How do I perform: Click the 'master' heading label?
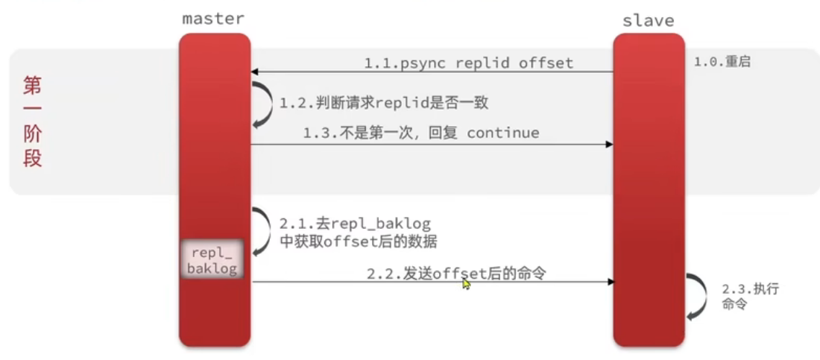coord(213,18)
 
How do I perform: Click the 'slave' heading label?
coord(648,20)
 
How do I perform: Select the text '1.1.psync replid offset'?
coord(469,63)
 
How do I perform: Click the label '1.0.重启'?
coord(722,62)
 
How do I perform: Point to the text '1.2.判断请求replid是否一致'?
coord(384,102)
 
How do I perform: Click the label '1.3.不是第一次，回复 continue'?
coord(420,133)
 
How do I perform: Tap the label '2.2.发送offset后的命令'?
coord(456,274)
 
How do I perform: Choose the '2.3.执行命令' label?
coord(749,297)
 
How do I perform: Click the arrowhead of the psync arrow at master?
coord(255,72)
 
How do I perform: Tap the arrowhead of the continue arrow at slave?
coord(608,144)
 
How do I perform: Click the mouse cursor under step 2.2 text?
coord(466,284)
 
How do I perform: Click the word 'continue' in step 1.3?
coord(502,133)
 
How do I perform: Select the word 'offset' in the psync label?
coord(546,63)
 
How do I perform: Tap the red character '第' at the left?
coord(32,86)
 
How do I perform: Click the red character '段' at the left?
coord(32,159)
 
